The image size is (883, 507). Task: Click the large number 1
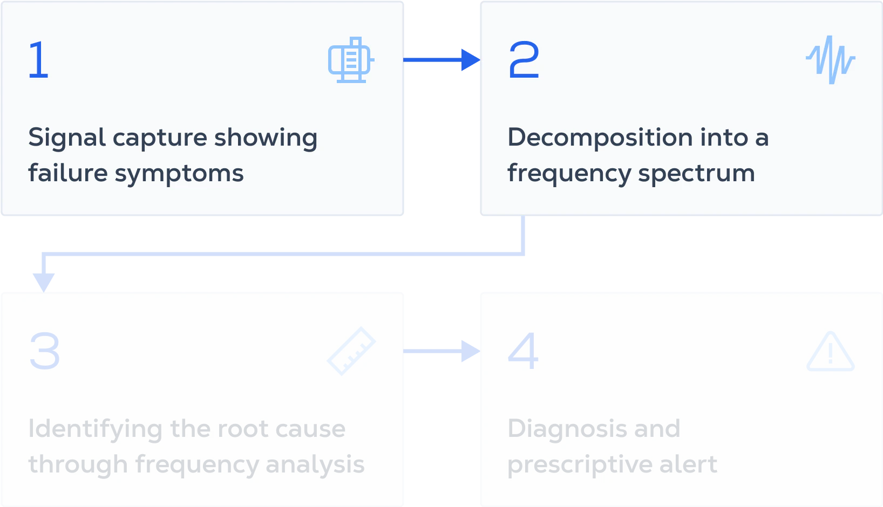click(39, 59)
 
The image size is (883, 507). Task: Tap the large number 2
click(524, 59)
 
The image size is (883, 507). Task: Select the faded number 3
click(45, 351)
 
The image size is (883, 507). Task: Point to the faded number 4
click(523, 351)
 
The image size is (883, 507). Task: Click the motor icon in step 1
click(351, 60)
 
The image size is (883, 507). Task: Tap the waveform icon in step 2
click(830, 60)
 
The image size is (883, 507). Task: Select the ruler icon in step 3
click(351, 351)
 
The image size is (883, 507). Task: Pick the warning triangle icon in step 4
click(831, 352)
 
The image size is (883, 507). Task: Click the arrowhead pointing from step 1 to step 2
click(471, 60)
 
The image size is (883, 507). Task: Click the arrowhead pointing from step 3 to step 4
click(471, 351)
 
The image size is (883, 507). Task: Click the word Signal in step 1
click(67, 139)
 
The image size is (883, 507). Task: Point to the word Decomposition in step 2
click(600, 139)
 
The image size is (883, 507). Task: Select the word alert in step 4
click(688, 464)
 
